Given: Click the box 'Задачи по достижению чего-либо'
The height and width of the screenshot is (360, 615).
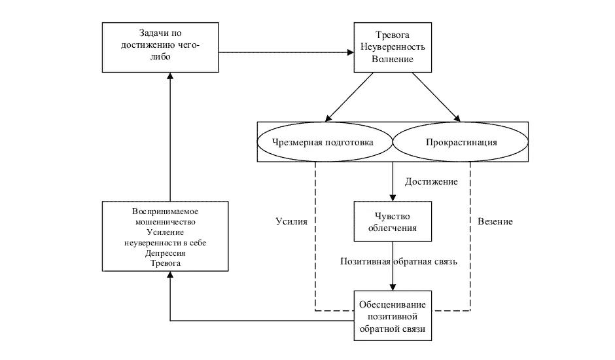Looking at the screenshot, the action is pos(160,48).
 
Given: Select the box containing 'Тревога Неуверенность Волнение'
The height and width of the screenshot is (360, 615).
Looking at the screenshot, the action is pos(393,48).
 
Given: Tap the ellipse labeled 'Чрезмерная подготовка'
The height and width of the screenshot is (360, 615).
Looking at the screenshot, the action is pos(325,142).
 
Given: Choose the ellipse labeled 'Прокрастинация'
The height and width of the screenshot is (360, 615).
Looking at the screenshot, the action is pos(461,142).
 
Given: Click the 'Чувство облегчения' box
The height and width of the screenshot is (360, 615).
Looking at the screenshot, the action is pos(393,221).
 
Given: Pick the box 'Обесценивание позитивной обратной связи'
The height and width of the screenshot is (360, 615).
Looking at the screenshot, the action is pos(393,315).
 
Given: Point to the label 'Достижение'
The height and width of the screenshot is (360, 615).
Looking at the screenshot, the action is pos(431,182).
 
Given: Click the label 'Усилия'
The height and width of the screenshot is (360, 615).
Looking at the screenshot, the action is pos(291,221).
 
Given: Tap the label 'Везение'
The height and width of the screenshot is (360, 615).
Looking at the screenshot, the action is pos(495,221).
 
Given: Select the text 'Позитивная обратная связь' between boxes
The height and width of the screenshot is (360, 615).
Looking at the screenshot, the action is pos(398,261).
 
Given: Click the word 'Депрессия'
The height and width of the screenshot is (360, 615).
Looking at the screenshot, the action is pos(165,253).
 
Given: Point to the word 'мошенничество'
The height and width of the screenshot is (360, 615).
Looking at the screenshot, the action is pos(165,222).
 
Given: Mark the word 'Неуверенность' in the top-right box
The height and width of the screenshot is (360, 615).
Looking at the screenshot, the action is pos(393,47).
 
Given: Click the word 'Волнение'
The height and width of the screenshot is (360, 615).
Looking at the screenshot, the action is pos(393,60).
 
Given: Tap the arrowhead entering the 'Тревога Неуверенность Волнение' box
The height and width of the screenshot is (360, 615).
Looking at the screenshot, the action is pos(351,52).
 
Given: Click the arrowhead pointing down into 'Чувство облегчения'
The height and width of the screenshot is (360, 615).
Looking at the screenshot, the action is pos(393,198).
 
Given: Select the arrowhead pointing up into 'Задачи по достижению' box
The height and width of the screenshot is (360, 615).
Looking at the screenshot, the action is pos(170,76).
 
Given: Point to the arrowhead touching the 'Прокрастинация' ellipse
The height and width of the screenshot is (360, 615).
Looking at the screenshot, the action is pos(457,118).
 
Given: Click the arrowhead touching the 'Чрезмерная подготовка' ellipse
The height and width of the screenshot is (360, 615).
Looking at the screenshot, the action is pos(328,118).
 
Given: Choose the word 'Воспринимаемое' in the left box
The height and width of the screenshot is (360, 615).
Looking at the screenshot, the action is pos(165,211).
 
